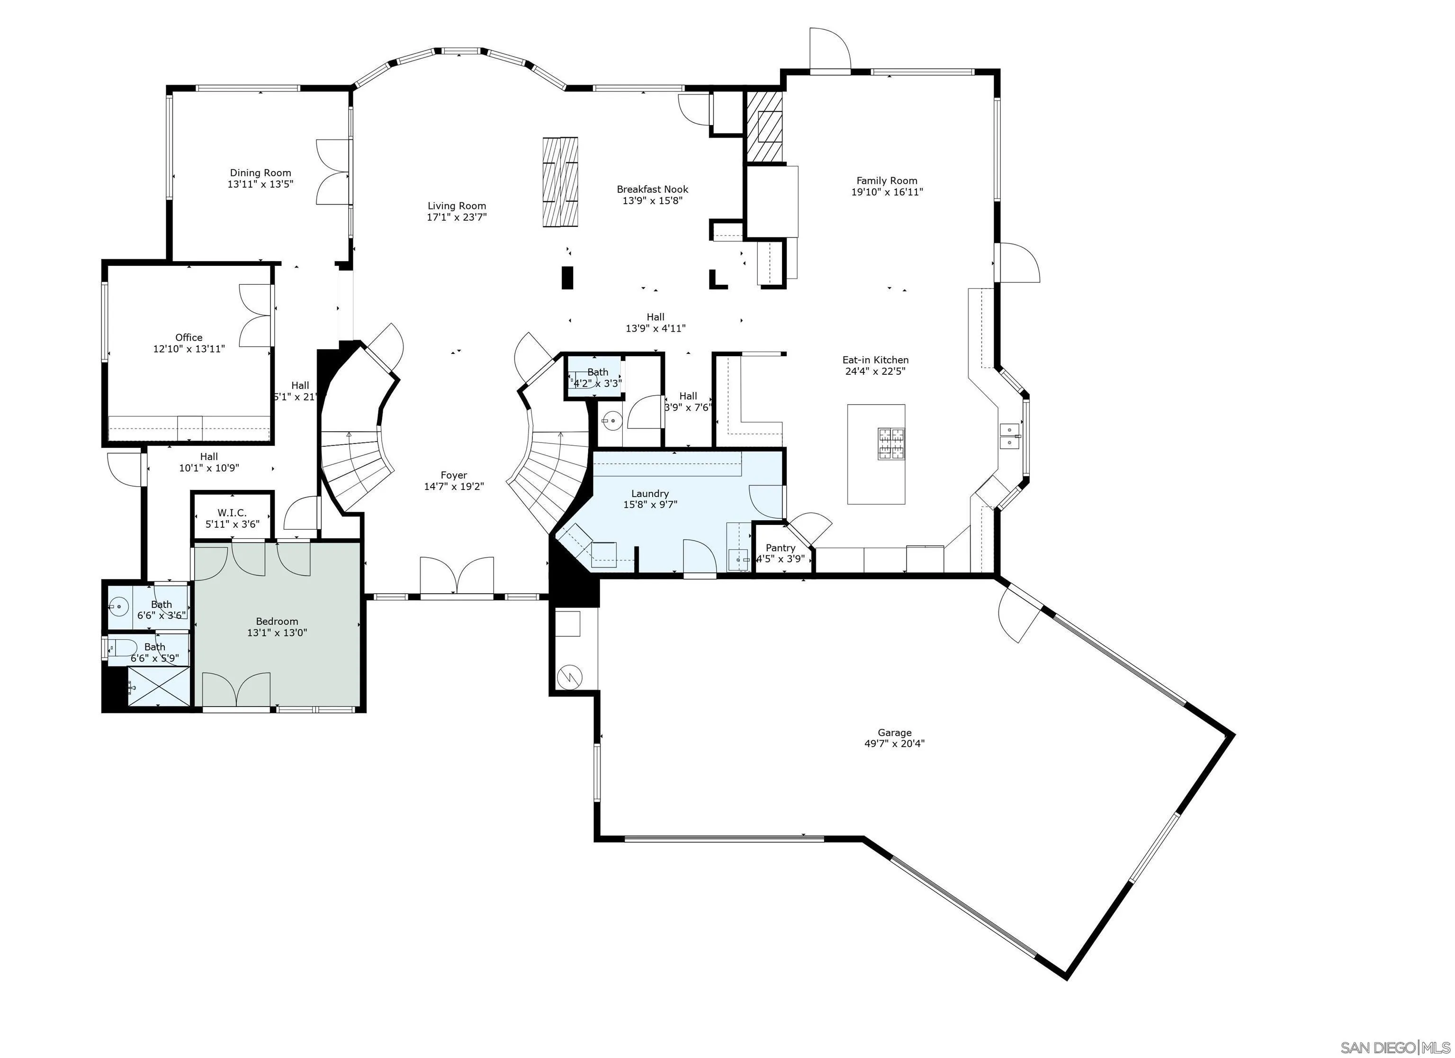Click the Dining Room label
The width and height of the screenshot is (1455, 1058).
(260, 172)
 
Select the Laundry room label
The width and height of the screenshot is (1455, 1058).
(650, 493)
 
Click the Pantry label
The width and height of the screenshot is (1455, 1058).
(780, 548)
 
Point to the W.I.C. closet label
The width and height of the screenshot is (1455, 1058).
(232, 513)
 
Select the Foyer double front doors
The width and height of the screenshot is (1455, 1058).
(457, 576)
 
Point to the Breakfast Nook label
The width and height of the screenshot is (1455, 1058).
(653, 189)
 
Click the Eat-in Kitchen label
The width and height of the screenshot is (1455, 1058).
(875, 360)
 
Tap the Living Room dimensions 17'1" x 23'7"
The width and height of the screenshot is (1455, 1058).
(457, 217)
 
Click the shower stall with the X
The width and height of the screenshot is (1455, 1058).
(159, 687)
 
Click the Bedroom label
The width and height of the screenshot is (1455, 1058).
(277, 621)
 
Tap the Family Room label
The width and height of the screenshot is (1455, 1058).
(887, 181)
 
